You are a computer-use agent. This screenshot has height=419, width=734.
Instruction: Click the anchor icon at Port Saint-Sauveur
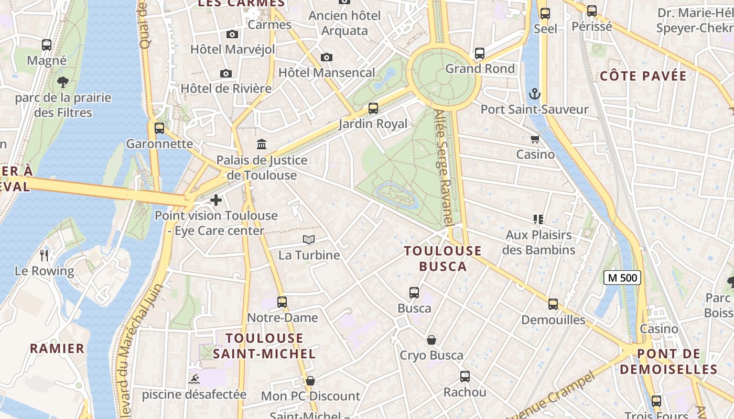click(534, 94)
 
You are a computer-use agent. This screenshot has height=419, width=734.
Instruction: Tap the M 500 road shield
click(622, 278)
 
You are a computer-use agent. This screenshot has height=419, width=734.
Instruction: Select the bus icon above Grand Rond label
click(480, 53)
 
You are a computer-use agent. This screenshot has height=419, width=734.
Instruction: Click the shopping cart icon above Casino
click(535, 139)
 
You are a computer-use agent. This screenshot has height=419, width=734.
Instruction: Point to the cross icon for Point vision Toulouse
click(215, 200)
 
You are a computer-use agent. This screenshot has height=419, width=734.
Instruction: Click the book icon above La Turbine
click(309, 240)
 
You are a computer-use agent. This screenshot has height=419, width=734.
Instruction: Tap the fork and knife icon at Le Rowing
click(45, 255)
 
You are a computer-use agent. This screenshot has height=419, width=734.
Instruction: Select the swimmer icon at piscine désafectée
click(194, 379)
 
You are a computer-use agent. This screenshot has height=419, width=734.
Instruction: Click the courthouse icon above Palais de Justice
click(262, 144)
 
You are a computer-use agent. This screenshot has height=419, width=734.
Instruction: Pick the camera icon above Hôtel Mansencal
click(327, 57)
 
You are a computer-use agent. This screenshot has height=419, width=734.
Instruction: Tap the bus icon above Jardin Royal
click(373, 108)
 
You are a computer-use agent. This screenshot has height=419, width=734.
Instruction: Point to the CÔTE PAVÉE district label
click(643, 76)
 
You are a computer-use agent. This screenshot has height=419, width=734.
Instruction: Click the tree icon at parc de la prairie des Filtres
click(63, 82)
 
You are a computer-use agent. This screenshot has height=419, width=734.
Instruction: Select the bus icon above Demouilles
click(553, 304)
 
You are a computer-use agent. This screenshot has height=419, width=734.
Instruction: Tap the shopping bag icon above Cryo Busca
click(431, 340)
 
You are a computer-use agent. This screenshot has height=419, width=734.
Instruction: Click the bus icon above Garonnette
click(159, 128)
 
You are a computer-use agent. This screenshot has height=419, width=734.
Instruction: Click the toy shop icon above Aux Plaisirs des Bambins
click(538, 219)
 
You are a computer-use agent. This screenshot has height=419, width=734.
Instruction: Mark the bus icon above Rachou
click(465, 376)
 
